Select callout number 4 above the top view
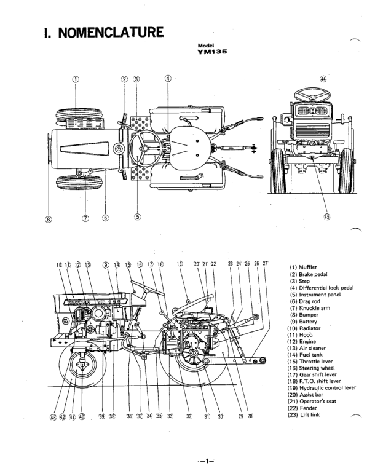168,79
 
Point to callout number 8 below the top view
49,218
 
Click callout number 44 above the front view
323,80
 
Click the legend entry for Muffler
303,267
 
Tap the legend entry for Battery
304,322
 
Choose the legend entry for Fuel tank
306,355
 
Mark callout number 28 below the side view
250,416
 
